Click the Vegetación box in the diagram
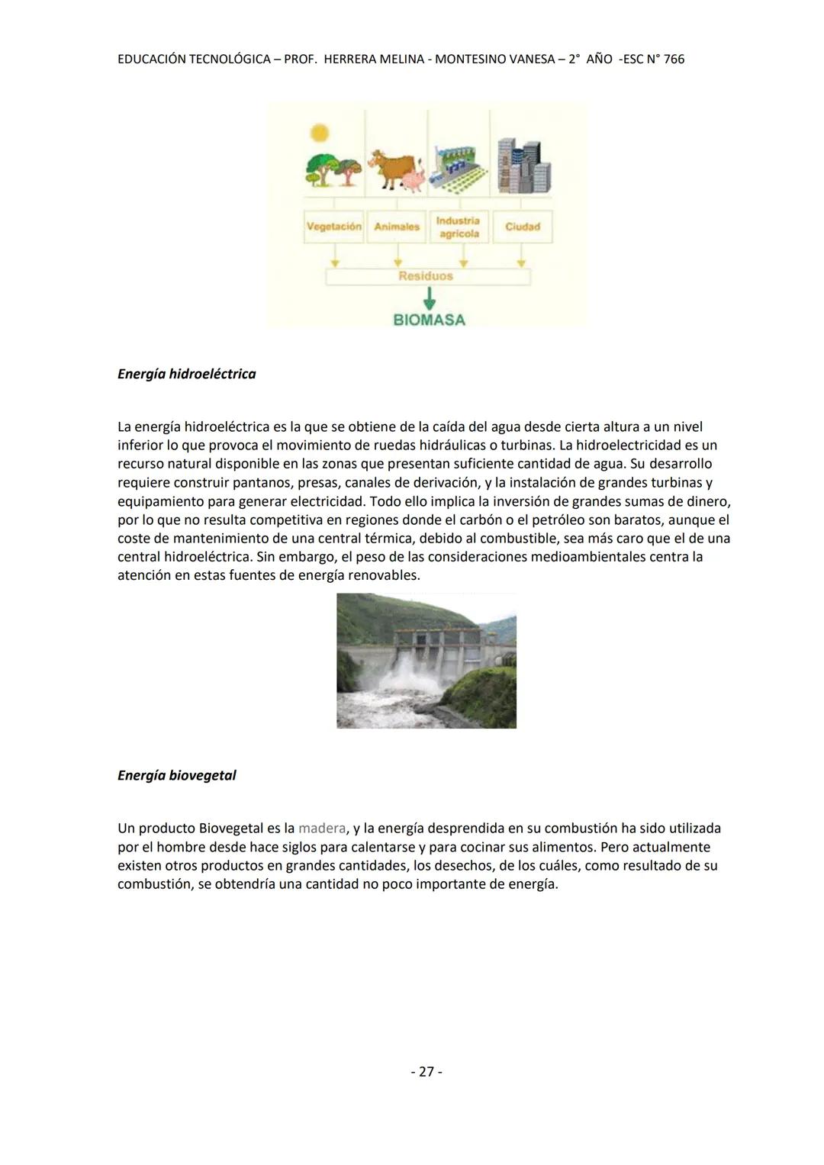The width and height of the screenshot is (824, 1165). (333, 227)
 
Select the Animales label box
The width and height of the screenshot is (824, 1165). (396, 227)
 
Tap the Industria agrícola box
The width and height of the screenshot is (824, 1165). (458, 227)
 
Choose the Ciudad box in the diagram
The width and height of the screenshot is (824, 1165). (522, 227)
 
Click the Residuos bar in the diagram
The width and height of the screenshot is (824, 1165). (427, 276)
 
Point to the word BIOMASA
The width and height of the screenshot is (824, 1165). (429, 320)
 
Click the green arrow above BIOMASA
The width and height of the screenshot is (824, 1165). (429, 298)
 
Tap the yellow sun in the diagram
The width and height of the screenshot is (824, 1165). (320, 134)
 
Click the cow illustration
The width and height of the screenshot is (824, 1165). (391, 169)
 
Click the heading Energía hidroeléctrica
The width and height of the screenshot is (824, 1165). (187, 375)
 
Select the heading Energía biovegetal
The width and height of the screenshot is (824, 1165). (177, 776)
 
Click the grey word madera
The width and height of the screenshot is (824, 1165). (321, 829)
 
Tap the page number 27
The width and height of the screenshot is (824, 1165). (426, 1072)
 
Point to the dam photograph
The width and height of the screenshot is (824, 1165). (426, 661)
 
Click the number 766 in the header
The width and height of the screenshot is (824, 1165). (674, 60)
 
